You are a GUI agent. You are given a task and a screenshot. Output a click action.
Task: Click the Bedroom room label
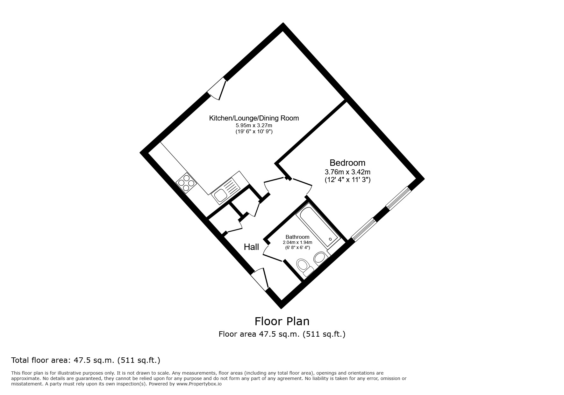point(347,163)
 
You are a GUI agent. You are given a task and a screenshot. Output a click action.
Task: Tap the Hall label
point(251,247)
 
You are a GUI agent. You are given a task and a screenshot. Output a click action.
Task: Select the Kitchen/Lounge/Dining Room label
point(254,118)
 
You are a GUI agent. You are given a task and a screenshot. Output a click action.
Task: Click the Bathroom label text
point(297,237)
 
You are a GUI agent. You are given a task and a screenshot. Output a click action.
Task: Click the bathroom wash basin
point(320,258)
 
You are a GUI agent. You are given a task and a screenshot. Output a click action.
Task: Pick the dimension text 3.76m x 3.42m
point(347,172)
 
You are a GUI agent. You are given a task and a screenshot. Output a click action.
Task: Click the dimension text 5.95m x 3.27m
point(254,125)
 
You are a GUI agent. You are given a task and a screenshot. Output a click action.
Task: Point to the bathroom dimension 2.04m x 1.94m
point(297,242)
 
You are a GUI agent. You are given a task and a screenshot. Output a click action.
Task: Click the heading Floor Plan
point(282,321)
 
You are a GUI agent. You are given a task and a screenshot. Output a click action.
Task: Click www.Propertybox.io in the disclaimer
point(199,384)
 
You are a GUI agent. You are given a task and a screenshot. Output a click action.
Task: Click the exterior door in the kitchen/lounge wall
point(218,89)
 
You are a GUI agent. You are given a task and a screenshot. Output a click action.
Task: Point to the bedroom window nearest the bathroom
point(364,229)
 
